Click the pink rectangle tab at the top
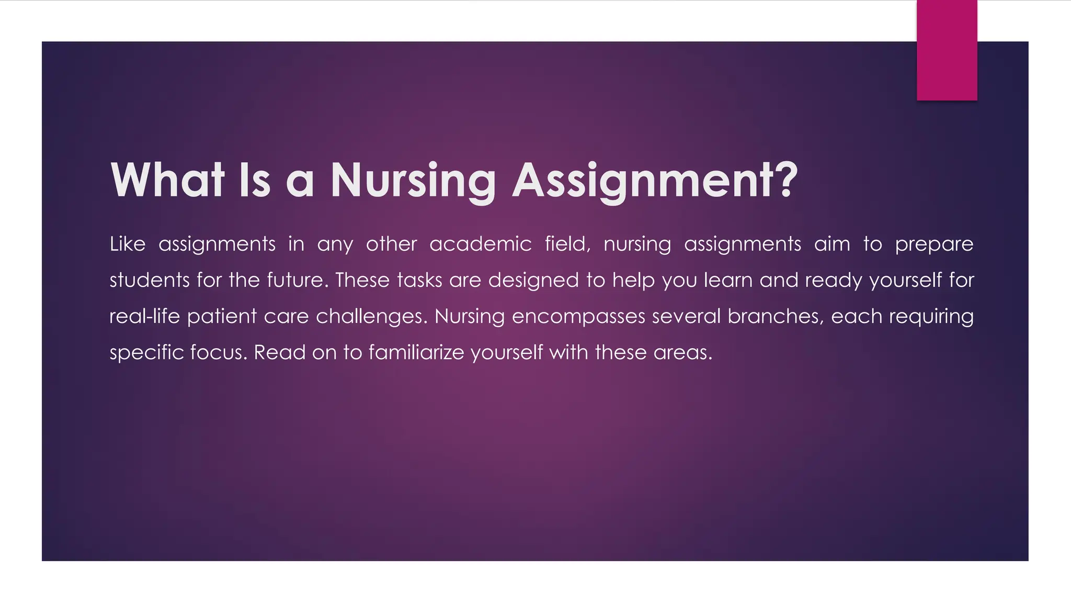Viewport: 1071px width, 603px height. (x=947, y=50)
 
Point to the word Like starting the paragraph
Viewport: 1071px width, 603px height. (x=127, y=244)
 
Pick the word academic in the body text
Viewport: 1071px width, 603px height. (x=480, y=244)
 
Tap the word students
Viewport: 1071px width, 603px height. (x=149, y=280)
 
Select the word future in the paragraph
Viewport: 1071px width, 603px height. (x=295, y=280)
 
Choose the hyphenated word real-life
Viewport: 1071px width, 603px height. (x=144, y=316)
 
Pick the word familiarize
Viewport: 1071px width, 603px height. (x=416, y=352)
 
